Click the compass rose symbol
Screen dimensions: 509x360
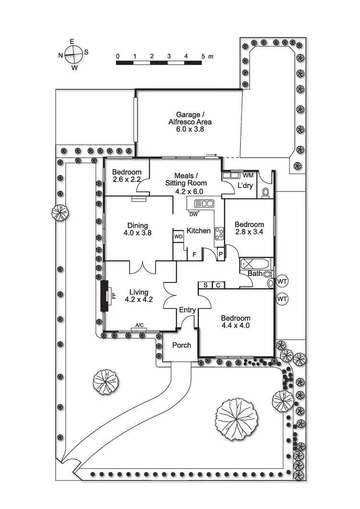(x=72, y=55)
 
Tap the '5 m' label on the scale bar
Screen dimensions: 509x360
(x=207, y=57)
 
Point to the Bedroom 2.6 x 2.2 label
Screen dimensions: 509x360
(x=127, y=176)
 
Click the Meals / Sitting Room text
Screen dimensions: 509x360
(x=186, y=179)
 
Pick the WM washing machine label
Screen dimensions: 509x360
(x=248, y=176)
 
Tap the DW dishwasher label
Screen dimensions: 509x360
(x=193, y=214)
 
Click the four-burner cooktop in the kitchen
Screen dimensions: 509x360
(x=220, y=233)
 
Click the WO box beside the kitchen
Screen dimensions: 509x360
(x=178, y=237)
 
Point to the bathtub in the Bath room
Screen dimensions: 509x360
(x=251, y=264)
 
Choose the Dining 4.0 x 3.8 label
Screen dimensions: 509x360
(x=137, y=230)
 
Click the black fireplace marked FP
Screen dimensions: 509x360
(x=104, y=296)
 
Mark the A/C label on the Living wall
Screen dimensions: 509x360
(x=140, y=325)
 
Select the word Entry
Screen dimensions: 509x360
(x=187, y=310)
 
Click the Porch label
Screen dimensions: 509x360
(x=181, y=345)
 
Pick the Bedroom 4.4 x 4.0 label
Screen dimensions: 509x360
(x=235, y=322)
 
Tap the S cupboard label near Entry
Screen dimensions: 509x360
(x=205, y=285)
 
